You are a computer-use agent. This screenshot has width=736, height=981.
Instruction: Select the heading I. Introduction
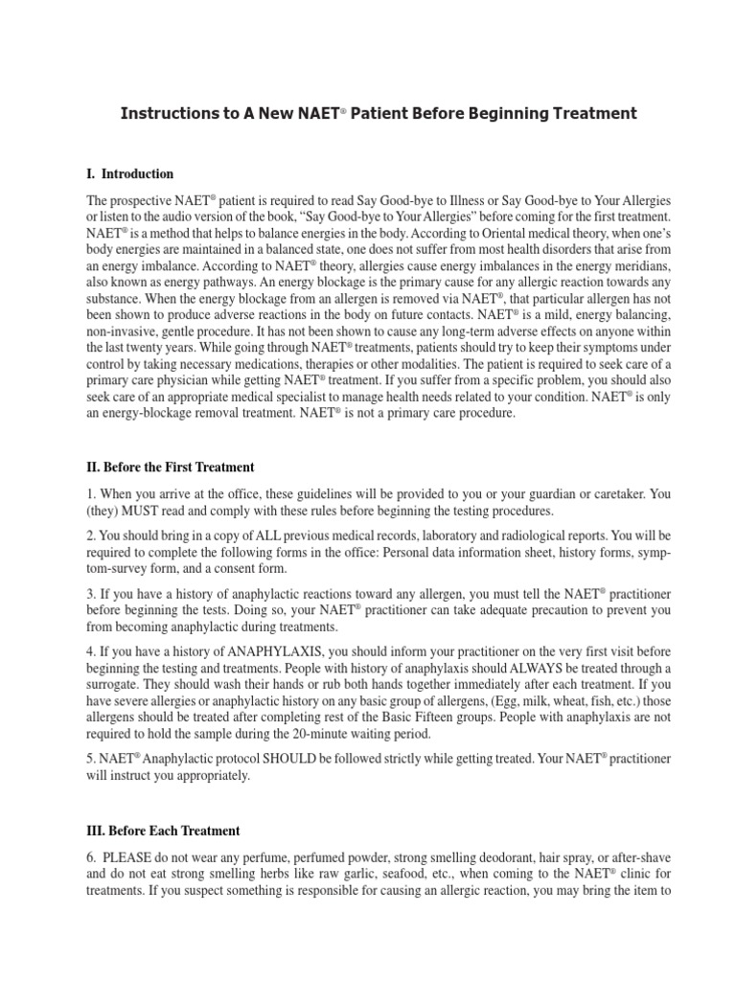coord(130,174)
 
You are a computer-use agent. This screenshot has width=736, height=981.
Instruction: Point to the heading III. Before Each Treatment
coord(163,831)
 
